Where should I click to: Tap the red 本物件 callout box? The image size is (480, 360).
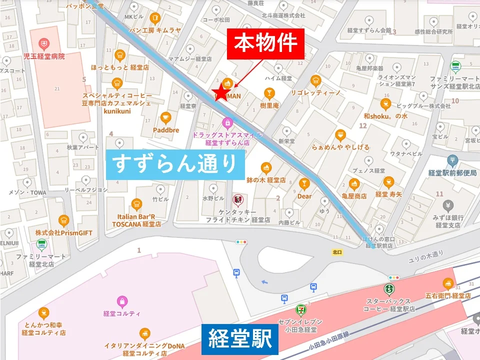(269, 44)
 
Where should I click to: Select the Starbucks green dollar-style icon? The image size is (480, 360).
(388, 289)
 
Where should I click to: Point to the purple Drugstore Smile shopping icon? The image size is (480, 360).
(227, 121)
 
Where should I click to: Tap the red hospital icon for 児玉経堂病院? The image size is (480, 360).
(45, 44)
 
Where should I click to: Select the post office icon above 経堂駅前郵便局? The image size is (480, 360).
(452, 160)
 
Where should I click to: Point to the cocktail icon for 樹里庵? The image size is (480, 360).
(269, 93)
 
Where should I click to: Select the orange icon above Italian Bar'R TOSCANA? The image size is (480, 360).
(136, 204)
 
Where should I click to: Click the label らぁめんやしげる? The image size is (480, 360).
(340, 147)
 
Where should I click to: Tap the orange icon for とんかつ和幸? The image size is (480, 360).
(43, 313)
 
